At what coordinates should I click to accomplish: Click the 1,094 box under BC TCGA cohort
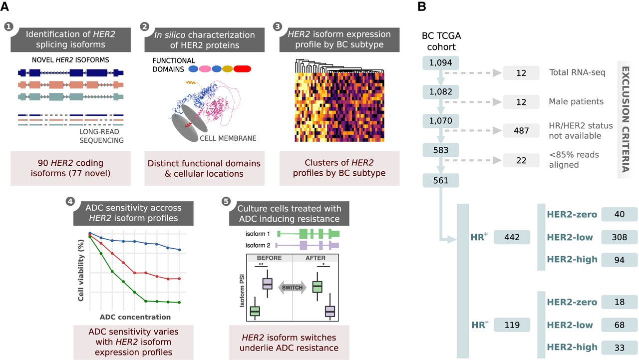pyautogui.click(x=440, y=63)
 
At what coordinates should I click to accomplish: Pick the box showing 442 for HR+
pyautogui.click(x=512, y=237)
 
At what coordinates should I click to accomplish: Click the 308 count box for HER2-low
pyautogui.click(x=620, y=237)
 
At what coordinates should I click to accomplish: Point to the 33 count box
pyautogui.click(x=620, y=347)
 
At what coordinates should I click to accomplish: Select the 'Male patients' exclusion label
pyautogui.click(x=576, y=102)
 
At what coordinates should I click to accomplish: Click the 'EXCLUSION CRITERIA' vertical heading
pyautogui.click(x=624, y=118)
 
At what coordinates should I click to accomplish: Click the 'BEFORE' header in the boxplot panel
pyautogui.click(x=270, y=258)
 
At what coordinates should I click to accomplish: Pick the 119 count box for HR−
pyautogui.click(x=512, y=325)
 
